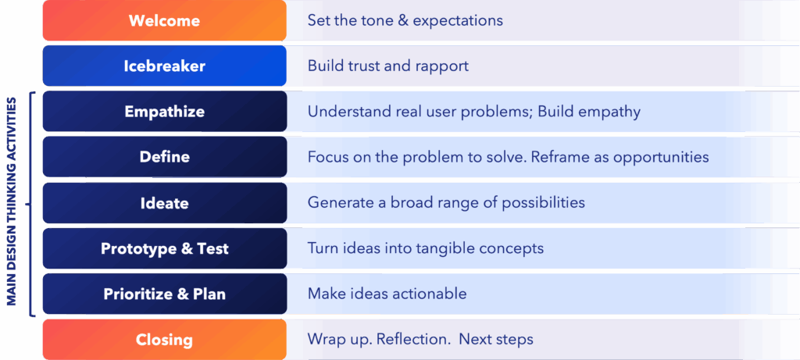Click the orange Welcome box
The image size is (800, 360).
(164, 20)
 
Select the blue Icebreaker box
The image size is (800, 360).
(164, 66)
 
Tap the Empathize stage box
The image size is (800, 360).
(164, 111)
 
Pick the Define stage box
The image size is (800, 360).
(164, 156)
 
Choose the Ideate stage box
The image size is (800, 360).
(164, 203)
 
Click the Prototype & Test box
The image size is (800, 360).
(164, 248)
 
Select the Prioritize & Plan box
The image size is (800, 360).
(164, 294)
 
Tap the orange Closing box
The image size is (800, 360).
(164, 340)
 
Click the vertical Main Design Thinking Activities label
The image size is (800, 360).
(12, 202)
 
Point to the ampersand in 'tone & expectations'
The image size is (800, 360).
(406, 20)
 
